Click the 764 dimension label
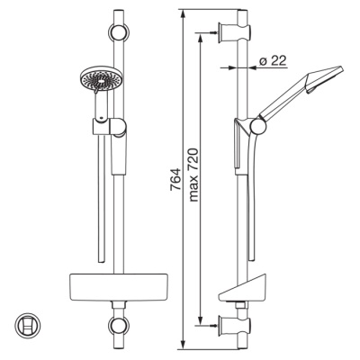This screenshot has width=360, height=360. [175, 179]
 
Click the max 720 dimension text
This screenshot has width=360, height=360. [193, 175]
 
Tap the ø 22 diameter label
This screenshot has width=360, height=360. [273, 61]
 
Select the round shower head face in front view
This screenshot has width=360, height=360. [101, 78]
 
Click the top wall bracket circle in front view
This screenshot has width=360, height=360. [119, 31]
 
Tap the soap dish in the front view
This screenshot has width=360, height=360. [119, 285]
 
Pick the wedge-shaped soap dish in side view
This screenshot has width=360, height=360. [243, 287]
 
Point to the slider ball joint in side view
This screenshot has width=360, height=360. [258, 126]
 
